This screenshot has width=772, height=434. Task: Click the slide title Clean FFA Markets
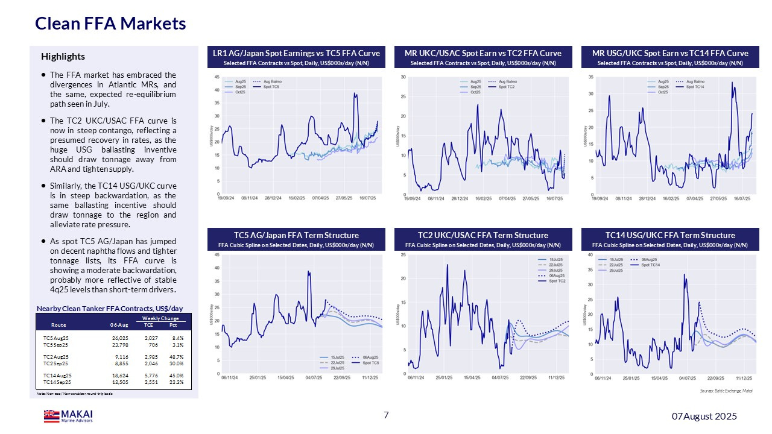click(110, 24)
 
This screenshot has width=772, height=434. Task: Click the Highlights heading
click(63, 57)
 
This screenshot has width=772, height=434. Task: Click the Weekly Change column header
click(160, 318)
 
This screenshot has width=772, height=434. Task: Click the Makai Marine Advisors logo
click(68, 416)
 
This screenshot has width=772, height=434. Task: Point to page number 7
click(386, 415)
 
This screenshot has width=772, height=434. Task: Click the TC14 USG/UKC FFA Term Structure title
click(670, 235)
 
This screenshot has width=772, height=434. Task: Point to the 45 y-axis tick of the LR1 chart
click(217, 77)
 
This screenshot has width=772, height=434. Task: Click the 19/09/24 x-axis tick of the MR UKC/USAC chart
click(411, 198)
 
